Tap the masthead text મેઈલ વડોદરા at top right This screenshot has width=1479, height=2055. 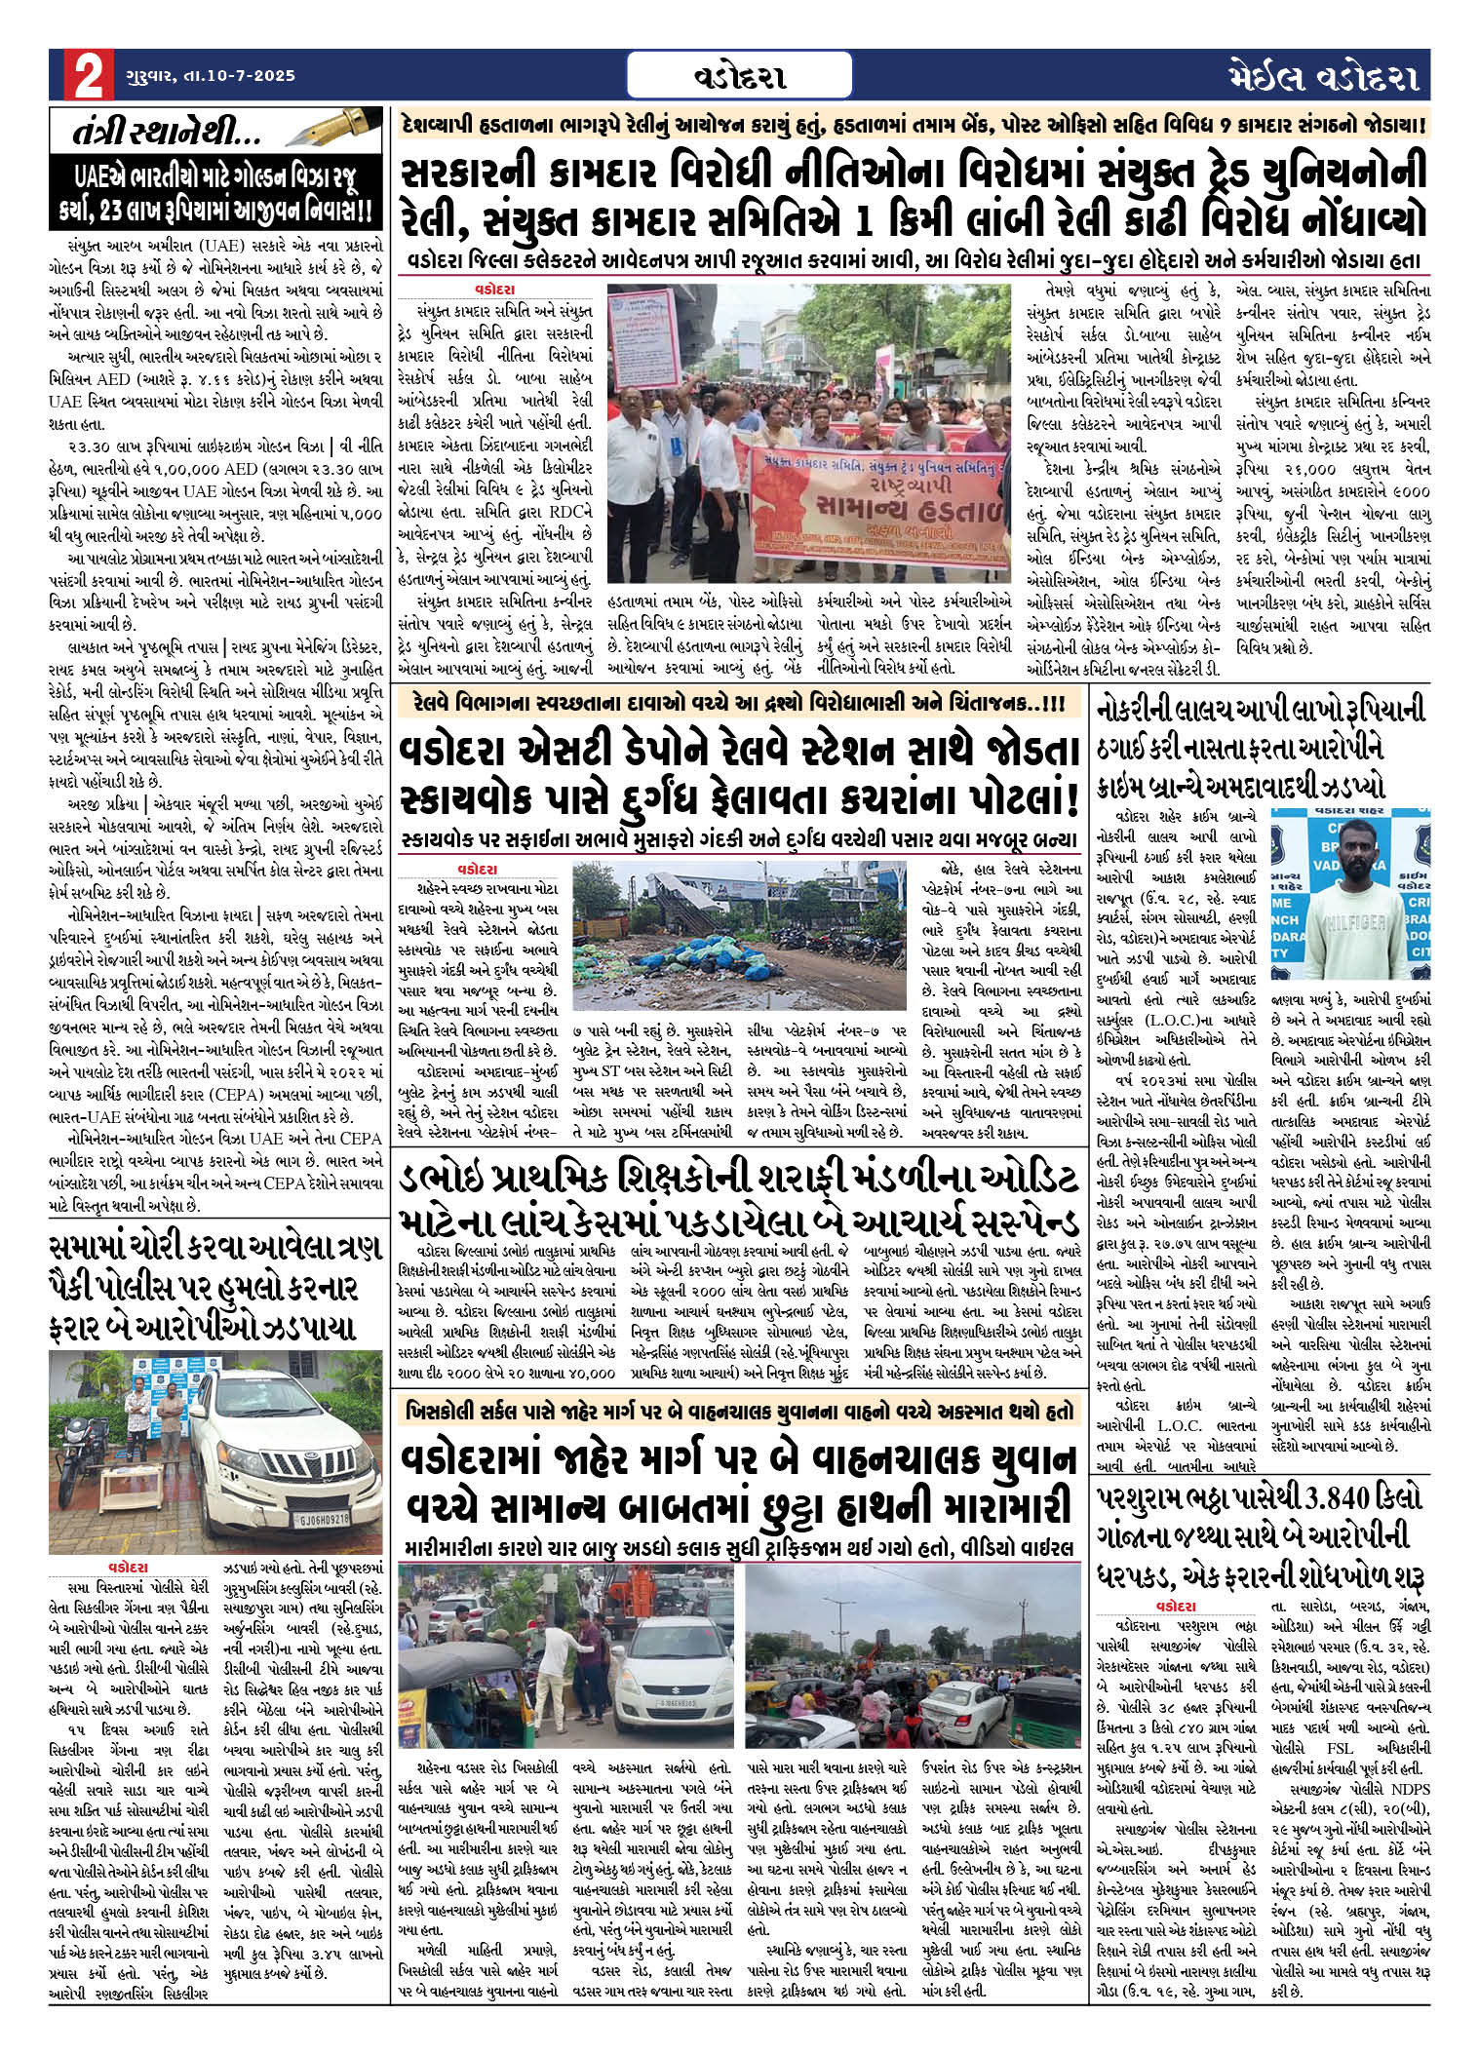pyautogui.click(x=1323, y=76)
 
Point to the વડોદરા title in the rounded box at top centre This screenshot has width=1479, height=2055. pyautogui.click(x=741, y=76)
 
